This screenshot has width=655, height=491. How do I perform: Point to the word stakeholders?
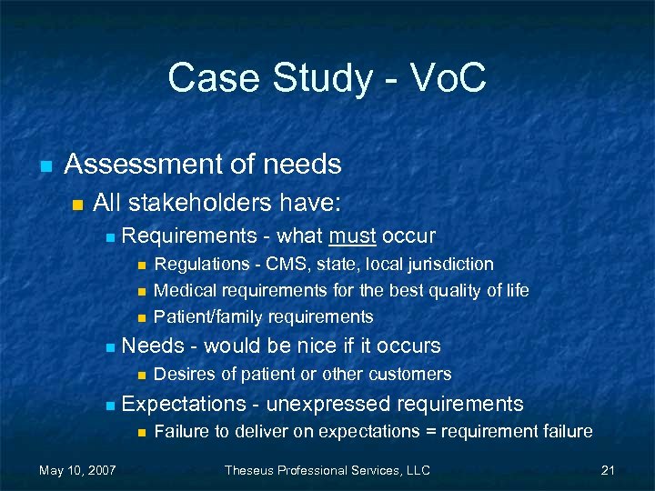click(x=198, y=202)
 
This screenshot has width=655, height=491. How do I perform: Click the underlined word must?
click(x=352, y=236)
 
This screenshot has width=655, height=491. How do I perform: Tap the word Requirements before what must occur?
click(x=188, y=236)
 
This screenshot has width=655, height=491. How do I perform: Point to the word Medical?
click(x=184, y=291)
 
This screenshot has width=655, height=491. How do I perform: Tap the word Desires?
click(x=184, y=374)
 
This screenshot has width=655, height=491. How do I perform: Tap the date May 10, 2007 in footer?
click(x=76, y=470)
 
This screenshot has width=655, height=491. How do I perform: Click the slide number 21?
click(x=609, y=470)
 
